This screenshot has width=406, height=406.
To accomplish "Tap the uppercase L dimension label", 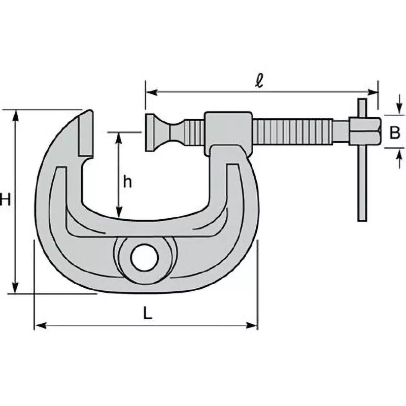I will coord(147,314).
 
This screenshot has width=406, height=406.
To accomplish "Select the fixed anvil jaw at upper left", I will coord(85,133).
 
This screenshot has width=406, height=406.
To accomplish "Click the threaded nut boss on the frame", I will coord(228,131).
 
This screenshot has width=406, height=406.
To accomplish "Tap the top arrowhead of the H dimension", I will coord(17,115).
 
